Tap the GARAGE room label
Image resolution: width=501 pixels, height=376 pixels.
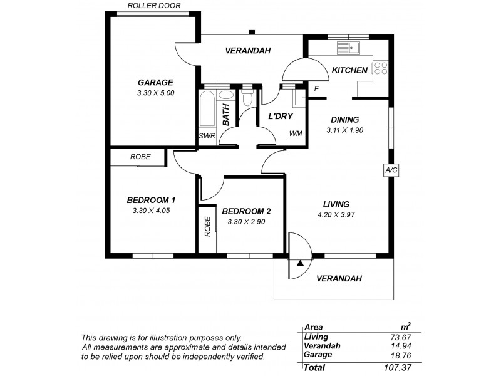pyautogui.click(x=155, y=82)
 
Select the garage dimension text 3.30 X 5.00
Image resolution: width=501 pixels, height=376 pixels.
pyautogui.click(x=155, y=93)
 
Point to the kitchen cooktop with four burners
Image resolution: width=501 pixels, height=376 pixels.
pyautogui.click(x=381, y=67)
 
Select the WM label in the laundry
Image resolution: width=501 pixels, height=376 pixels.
pyautogui.click(x=295, y=134)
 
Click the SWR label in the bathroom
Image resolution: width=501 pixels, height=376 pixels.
pyautogui.click(x=206, y=135)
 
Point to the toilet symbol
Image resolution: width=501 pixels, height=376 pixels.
pyautogui.click(x=248, y=98)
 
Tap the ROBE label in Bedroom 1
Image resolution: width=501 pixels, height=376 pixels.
pyautogui.click(x=140, y=157)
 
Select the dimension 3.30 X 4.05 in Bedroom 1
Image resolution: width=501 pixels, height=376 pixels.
pyautogui.click(x=151, y=211)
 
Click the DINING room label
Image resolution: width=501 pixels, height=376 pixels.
pyautogui.click(x=344, y=120)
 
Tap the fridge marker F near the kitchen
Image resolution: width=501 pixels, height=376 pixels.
pyautogui.click(x=316, y=89)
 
